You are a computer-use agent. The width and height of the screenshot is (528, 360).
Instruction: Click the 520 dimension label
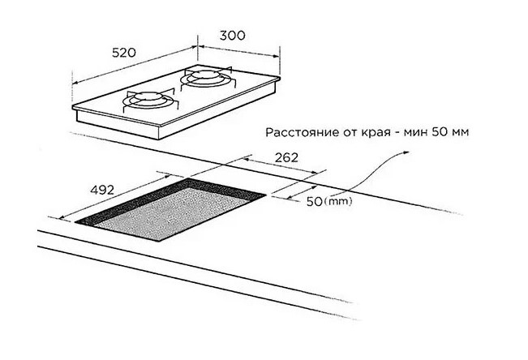pos(124,53)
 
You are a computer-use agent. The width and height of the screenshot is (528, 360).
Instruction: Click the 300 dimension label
pos(232,36)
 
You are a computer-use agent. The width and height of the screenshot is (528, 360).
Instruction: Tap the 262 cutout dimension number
pos(286,157)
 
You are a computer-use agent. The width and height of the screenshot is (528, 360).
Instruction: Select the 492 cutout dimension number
pos(102,190)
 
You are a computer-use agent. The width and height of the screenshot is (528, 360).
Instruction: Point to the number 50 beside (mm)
pos(315,202)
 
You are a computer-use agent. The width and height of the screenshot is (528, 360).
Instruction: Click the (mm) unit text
pos(337,201)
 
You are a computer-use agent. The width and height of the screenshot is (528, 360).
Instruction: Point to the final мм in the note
pos(461,132)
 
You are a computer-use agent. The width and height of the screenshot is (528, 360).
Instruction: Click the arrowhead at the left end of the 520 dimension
pos(75,82)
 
